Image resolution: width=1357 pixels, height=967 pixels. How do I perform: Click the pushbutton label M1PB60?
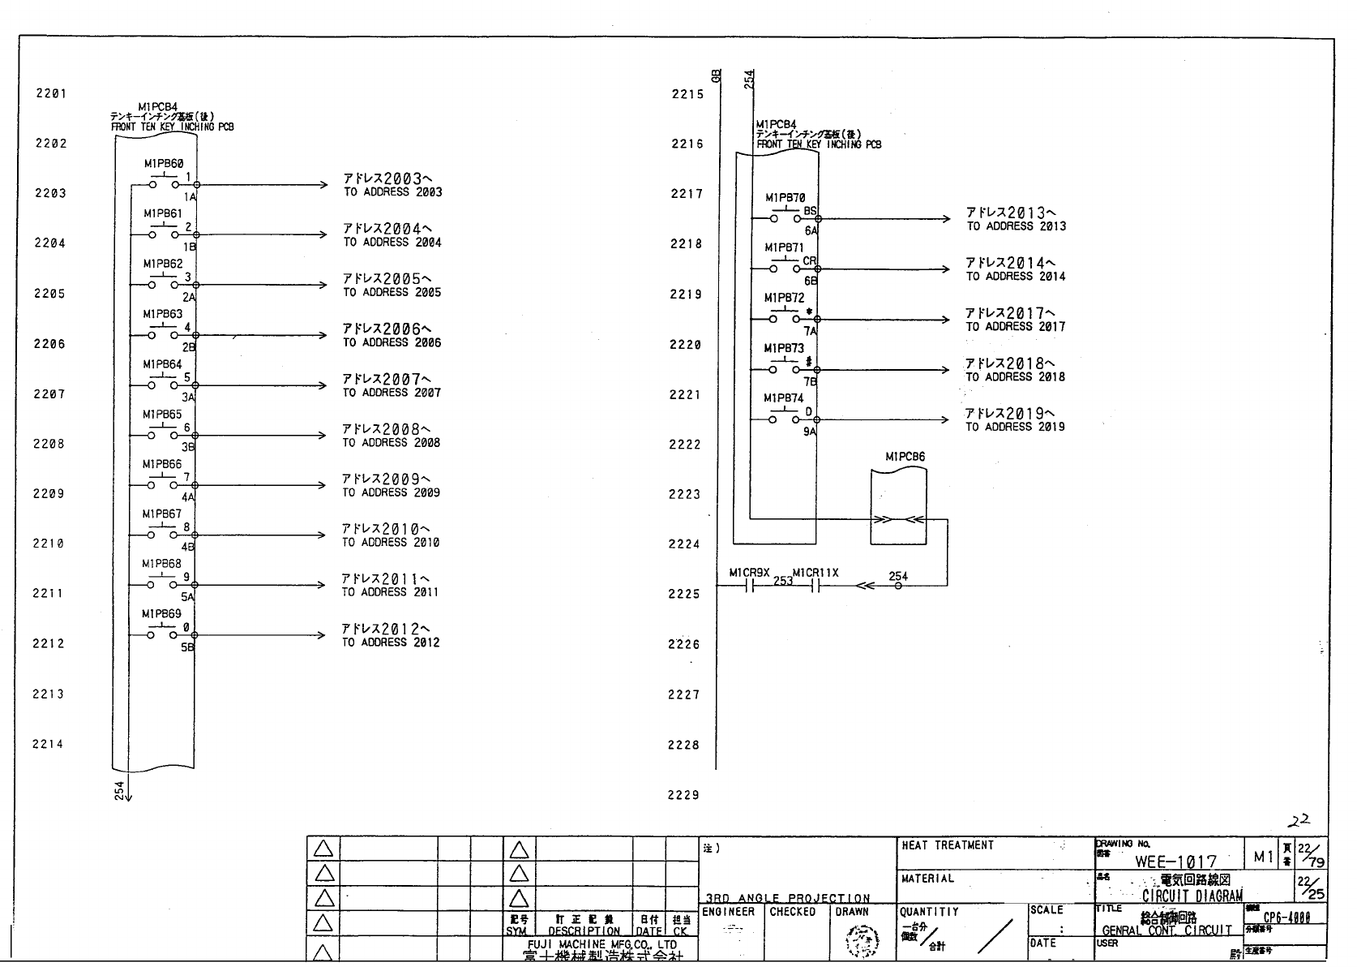click(x=163, y=164)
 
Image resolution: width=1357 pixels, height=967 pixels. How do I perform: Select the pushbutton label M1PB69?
click(x=161, y=614)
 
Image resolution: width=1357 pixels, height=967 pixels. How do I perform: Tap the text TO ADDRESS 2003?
click(x=392, y=192)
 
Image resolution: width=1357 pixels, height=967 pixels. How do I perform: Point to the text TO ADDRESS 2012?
click(x=390, y=643)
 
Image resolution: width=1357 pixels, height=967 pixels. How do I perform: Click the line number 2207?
click(x=49, y=394)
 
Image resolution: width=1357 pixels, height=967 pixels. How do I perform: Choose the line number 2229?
click(x=683, y=795)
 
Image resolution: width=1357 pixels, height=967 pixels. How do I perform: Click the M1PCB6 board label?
click(x=905, y=457)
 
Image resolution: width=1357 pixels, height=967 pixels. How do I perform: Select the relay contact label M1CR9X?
click(x=749, y=573)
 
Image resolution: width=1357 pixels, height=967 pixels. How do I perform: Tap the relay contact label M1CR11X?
click(x=815, y=573)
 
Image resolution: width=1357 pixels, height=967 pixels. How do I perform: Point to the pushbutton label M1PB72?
click(x=784, y=299)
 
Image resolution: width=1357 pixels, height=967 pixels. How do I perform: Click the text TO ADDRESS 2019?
click(x=1015, y=427)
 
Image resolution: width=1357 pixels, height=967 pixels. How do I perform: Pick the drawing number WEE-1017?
click(x=1175, y=862)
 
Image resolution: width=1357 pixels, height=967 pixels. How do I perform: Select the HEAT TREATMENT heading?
click(x=947, y=845)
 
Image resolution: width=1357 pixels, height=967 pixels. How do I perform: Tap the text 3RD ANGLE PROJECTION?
click(x=787, y=898)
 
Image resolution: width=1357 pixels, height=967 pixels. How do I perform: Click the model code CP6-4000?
click(x=1286, y=918)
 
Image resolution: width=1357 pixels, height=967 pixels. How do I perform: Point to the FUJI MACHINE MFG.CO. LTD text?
click(x=601, y=944)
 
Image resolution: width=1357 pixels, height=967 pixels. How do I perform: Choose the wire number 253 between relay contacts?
click(x=782, y=581)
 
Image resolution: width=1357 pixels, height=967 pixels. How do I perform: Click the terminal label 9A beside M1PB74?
click(x=810, y=432)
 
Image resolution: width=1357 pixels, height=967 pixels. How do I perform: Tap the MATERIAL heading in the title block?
click(x=927, y=879)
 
